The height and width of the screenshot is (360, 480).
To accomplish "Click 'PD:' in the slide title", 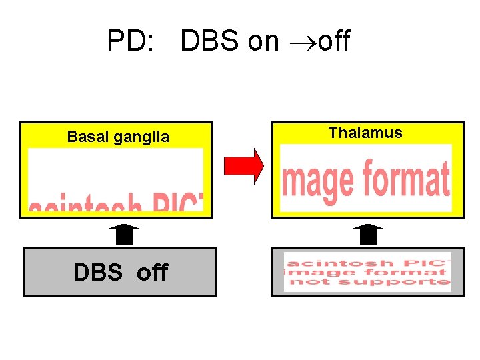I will pos(130,42).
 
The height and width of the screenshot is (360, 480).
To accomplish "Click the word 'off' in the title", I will pos(334,42).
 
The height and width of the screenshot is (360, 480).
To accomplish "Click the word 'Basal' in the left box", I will pos(88,137).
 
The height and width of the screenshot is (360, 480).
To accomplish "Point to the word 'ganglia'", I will pos(141,138).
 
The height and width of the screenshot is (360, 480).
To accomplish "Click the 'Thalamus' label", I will pos(365,133).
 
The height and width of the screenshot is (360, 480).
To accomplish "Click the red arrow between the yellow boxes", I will pos(244,166).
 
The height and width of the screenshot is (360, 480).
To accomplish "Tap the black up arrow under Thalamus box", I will pos(368,236).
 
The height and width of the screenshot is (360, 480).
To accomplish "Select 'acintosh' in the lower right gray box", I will pos(333,262).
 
